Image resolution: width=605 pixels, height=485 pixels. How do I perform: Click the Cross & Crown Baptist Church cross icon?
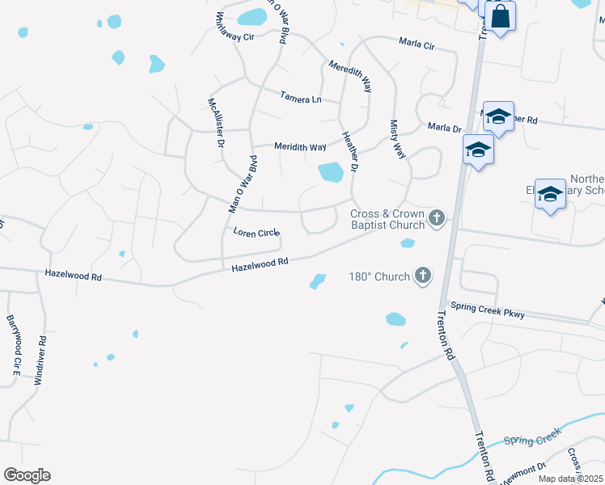(x=437, y=217)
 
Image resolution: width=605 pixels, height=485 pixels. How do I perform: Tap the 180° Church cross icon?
(x=422, y=276)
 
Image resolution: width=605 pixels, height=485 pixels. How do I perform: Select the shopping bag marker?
(x=500, y=16)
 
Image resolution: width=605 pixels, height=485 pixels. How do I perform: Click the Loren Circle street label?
(x=256, y=233)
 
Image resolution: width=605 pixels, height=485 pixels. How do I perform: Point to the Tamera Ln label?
(x=300, y=99)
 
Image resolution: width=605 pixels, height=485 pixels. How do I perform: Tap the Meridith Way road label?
(x=300, y=147)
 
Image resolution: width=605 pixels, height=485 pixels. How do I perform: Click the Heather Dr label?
(x=349, y=152)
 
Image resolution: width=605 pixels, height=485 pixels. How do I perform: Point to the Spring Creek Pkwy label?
(x=488, y=310)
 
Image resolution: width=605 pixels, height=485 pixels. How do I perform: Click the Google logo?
(x=27, y=475)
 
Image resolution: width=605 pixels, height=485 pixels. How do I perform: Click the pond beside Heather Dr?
(x=330, y=172)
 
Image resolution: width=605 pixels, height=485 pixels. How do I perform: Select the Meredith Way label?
(x=349, y=76)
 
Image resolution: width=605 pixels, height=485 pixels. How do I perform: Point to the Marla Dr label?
(x=444, y=128)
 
